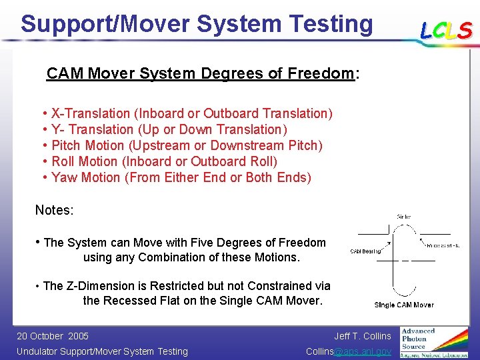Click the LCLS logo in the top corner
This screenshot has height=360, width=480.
click(446, 30)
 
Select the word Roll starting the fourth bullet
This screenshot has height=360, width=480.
click(63, 161)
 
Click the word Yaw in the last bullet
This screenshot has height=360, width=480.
click(63, 177)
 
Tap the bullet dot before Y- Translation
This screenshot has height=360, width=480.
click(45, 129)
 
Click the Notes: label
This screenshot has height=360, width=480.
click(55, 210)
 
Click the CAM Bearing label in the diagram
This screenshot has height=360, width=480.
click(366, 251)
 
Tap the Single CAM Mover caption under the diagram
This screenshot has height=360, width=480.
click(404, 305)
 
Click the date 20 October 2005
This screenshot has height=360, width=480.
click(53, 336)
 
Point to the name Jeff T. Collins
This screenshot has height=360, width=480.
click(363, 336)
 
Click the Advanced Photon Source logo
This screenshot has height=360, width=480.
click(433, 342)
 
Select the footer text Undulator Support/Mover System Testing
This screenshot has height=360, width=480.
click(102, 351)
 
